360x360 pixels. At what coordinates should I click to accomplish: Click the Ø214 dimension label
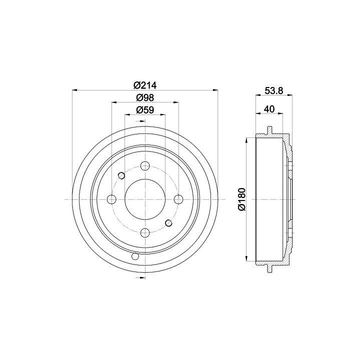click(x=145, y=85)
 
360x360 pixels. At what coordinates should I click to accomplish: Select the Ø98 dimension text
click(x=145, y=98)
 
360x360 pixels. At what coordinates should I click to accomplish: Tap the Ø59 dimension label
click(x=145, y=110)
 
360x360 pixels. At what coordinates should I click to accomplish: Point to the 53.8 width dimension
click(x=274, y=91)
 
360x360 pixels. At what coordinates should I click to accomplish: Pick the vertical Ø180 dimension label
click(x=242, y=199)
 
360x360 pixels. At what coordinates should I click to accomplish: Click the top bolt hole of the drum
click(x=145, y=166)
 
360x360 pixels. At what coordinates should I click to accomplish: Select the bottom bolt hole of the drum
click(x=145, y=233)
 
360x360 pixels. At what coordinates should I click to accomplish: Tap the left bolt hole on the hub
click(x=112, y=199)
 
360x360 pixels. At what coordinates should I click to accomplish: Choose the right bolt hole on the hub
click(x=178, y=199)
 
